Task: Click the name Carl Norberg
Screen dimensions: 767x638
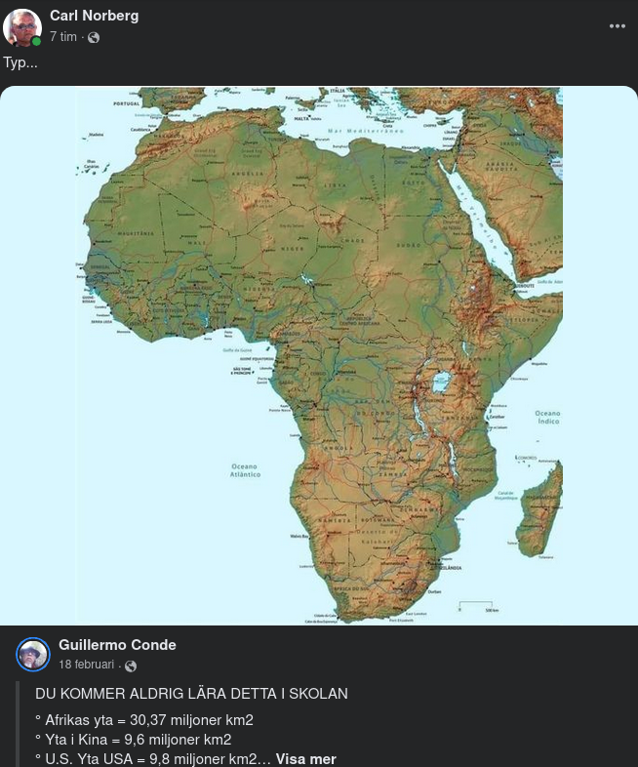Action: click(x=94, y=16)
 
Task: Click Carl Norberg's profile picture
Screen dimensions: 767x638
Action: click(x=21, y=27)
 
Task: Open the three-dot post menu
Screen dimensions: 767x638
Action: click(x=617, y=26)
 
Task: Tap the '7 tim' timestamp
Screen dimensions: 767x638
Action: click(x=63, y=37)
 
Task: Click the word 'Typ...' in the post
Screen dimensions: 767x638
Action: click(x=20, y=62)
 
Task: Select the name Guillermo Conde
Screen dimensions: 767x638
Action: click(x=117, y=645)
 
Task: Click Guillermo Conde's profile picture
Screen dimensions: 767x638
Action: click(x=33, y=654)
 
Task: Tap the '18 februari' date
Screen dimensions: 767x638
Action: click(x=87, y=665)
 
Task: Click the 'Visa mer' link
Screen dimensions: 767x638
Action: click(x=305, y=758)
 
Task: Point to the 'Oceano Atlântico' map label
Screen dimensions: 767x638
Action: click(x=245, y=470)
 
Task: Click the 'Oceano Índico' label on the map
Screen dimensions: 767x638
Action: click(x=547, y=417)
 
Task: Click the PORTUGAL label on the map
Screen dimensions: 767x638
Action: click(x=127, y=103)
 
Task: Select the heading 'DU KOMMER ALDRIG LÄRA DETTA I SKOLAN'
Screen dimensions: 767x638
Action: click(x=191, y=694)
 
